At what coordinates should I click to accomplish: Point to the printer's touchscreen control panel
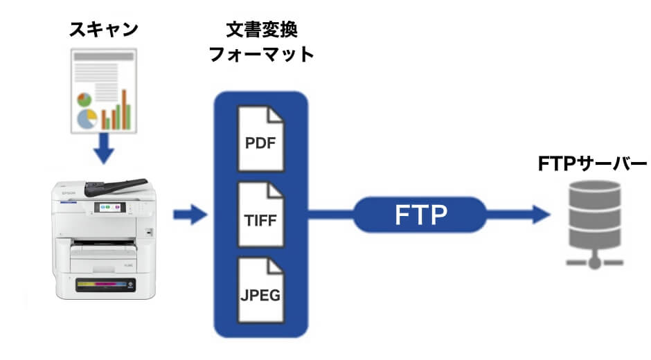click(110, 206)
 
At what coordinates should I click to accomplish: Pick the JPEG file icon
click(260, 290)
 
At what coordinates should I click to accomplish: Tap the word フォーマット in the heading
click(261, 55)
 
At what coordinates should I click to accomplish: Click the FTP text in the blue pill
click(419, 215)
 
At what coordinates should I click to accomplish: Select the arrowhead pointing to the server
click(541, 215)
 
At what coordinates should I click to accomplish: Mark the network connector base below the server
click(594, 262)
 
